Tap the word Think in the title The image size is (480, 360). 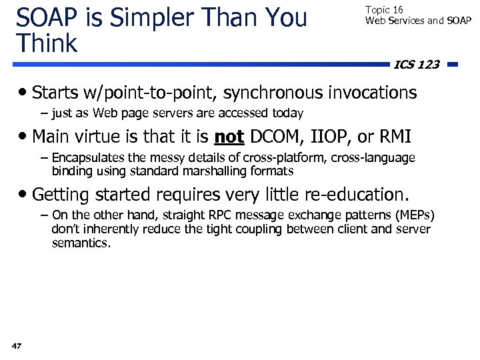[x=47, y=43]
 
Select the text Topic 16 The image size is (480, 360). [x=383, y=10]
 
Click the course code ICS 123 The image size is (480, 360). [x=417, y=65]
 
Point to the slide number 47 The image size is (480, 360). [x=17, y=345]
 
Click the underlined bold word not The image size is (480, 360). [x=229, y=137]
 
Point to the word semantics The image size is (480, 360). [x=80, y=243]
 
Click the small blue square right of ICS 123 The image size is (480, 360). [x=451, y=65]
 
